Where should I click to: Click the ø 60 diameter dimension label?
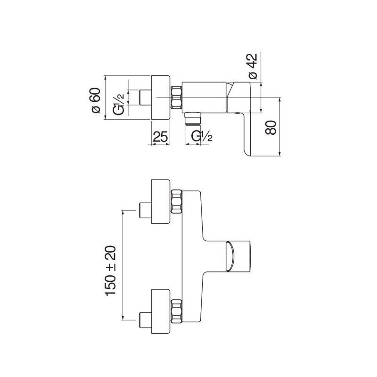click(96, 100)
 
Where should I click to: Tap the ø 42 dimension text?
click(253, 66)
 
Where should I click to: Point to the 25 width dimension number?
click(160, 136)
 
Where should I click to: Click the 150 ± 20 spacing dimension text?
click(110, 270)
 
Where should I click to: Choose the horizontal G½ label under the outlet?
click(202, 136)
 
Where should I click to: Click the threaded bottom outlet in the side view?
click(193, 119)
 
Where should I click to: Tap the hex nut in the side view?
click(176, 97)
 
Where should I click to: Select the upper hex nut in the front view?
click(176, 202)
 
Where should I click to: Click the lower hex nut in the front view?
click(176, 311)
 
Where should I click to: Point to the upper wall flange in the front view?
click(161, 202)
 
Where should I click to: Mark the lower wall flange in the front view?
click(161, 311)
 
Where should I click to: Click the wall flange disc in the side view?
click(161, 98)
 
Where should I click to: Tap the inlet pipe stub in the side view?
click(145, 98)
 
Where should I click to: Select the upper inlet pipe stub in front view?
click(145, 210)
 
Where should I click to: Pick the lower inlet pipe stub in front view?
click(145, 320)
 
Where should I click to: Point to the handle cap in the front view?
click(238, 256)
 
